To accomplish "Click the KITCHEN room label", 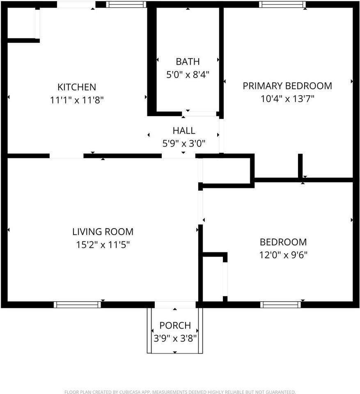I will point(76,87).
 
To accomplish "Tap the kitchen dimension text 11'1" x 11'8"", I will point(76,100).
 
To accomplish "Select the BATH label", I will point(188,62).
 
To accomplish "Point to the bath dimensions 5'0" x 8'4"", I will point(188,75).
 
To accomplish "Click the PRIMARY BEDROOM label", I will point(287,86).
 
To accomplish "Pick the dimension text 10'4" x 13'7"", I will point(287,99).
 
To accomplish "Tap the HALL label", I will point(183,131).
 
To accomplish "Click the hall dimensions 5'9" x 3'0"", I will point(183,143).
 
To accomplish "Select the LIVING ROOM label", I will point(103,231).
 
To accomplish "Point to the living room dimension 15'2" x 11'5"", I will point(103,245).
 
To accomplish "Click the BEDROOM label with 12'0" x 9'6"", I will point(283,242).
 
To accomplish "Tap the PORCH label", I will point(175,325).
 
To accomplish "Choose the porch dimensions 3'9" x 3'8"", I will point(175,338).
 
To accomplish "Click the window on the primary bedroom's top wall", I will point(282,5).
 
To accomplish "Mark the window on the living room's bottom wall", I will point(77,305).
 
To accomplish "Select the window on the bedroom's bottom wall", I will point(281,305).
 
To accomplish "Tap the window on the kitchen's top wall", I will point(126,5).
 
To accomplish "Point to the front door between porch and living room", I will point(175,305).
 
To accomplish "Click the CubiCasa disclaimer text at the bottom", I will point(180,392).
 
